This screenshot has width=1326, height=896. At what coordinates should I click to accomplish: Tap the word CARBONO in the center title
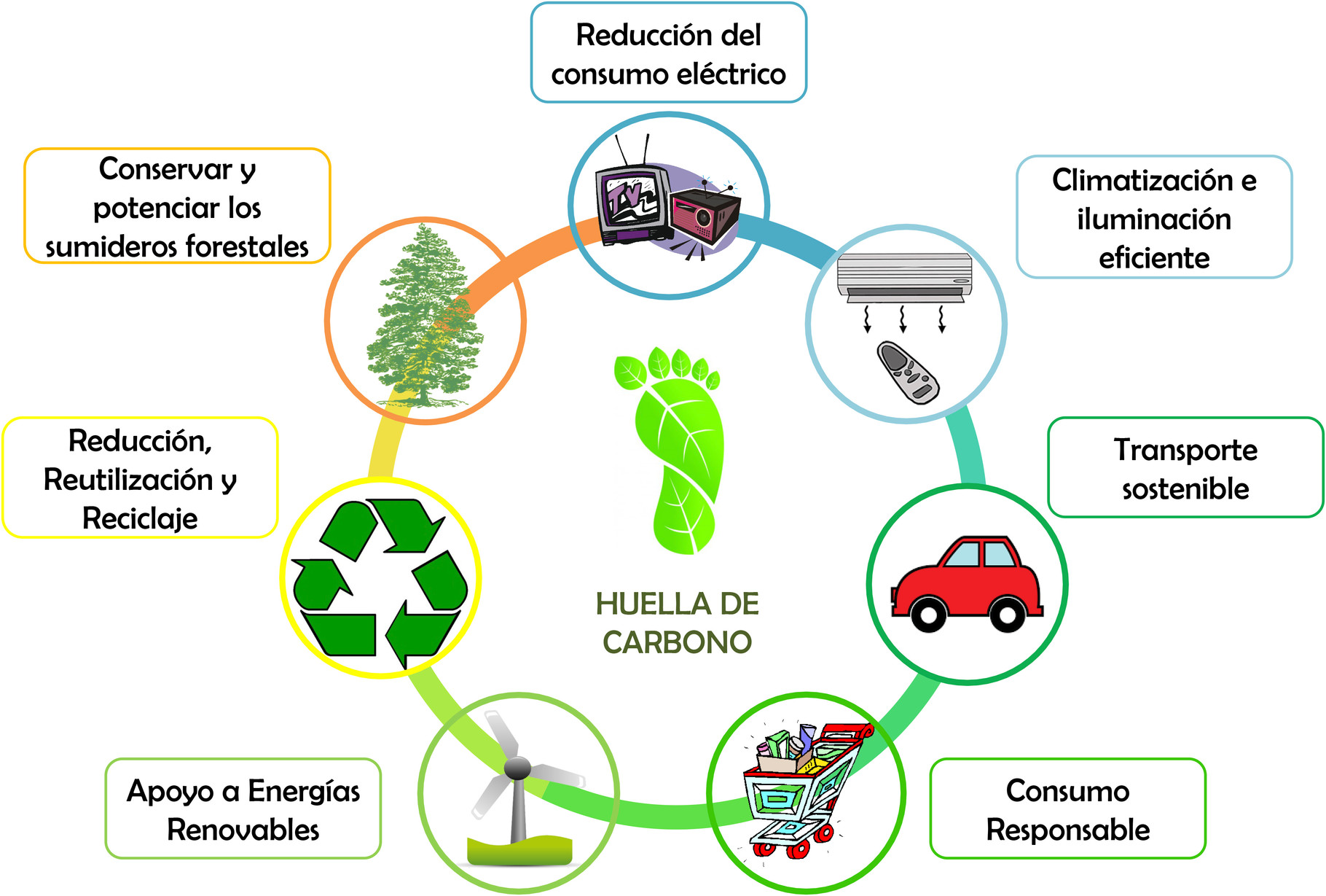coord(677,642)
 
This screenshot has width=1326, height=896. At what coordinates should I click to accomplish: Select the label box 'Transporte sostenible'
coord(1185,468)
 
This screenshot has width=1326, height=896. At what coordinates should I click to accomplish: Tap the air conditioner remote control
coord(908,372)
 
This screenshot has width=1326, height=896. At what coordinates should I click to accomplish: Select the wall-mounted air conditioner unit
coord(904,276)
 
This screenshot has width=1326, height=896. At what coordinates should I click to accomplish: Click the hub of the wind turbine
coord(517,768)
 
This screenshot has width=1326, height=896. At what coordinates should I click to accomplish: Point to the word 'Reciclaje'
coord(140,518)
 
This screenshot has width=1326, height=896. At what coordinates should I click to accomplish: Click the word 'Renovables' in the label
coord(243,830)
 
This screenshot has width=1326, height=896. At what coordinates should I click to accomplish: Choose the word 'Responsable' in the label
coord(1067,830)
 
